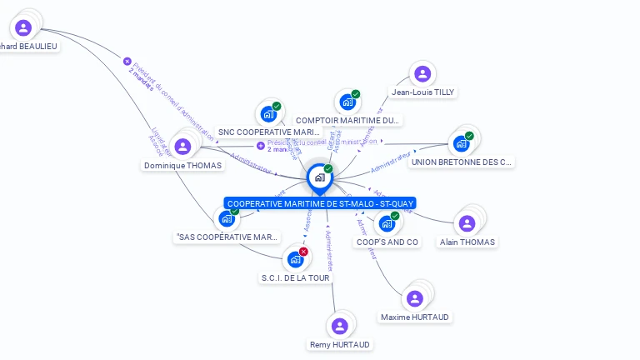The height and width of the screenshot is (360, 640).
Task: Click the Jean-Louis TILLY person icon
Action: [422, 73]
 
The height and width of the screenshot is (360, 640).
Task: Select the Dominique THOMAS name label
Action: [182, 165]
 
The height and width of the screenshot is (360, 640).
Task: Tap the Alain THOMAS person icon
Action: [467, 223]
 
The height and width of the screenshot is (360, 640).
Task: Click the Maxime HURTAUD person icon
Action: [414, 298]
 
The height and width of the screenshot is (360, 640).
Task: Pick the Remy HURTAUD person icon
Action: [339, 326]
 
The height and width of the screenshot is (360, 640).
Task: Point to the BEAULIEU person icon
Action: [23, 27]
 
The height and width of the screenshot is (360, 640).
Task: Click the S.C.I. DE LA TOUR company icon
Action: [295, 259]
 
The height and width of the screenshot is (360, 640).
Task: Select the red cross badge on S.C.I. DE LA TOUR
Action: [303, 252]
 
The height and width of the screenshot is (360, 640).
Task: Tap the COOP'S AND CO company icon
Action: [386, 223]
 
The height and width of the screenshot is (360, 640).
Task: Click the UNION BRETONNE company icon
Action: [461, 143]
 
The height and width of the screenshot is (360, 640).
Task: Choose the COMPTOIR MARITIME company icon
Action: [347, 102]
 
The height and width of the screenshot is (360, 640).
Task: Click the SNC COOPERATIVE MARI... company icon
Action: [268, 113]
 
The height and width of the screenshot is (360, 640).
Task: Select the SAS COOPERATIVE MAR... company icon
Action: [226, 218]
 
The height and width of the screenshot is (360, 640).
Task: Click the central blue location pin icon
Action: [319, 177]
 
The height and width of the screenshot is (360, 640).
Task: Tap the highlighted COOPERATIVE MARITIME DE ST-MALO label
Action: [319, 203]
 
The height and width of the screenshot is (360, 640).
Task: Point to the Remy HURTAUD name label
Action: [339, 344]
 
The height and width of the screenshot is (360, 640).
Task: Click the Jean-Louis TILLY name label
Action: [423, 92]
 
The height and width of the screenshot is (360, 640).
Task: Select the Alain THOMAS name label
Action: [467, 242]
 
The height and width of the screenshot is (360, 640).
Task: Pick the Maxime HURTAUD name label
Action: [414, 317]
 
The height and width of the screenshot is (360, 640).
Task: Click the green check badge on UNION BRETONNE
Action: [469, 136]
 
